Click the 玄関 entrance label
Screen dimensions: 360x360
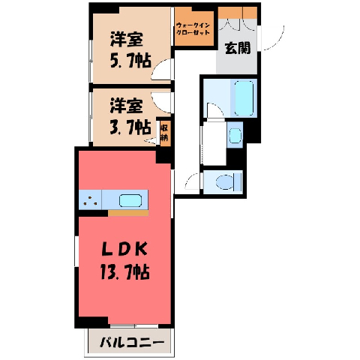click(x=238, y=48)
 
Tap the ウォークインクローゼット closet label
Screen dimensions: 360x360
click(x=193, y=28)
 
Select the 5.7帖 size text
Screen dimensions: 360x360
click(x=130, y=61)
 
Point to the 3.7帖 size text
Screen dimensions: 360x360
click(x=130, y=127)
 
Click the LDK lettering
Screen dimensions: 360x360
click(x=124, y=250)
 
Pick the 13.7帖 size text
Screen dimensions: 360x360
click(x=125, y=271)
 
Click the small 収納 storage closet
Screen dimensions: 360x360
click(x=165, y=133)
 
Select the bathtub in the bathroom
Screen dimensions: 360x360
click(x=244, y=98)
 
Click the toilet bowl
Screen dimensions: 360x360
click(x=225, y=181)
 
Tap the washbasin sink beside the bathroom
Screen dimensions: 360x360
click(x=235, y=136)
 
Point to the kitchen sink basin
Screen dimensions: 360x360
click(x=130, y=200)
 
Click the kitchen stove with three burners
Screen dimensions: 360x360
click(x=90, y=199)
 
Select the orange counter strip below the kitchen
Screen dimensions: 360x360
click(x=128, y=213)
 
